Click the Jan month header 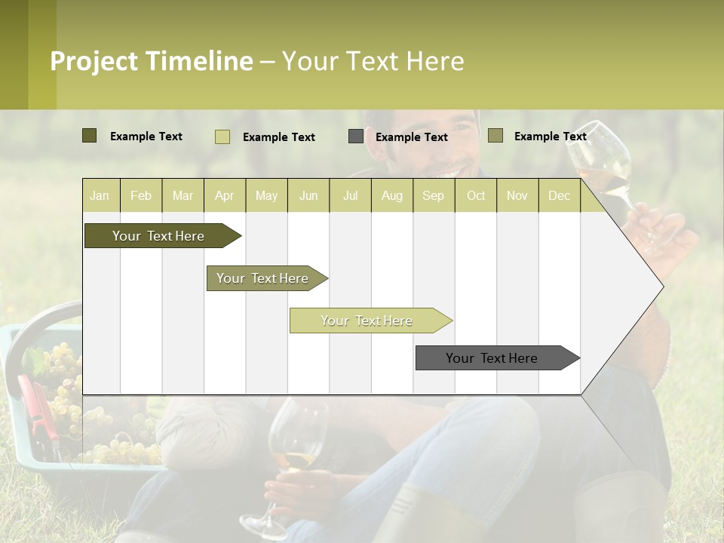point(100,195)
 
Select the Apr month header point(224,195)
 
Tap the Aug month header point(391,195)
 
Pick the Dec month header point(559,195)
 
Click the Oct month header point(475,195)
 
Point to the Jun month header point(308,195)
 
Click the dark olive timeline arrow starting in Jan point(158,236)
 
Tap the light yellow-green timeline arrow point(367,321)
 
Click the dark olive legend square point(89,136)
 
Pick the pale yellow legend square point(222,137)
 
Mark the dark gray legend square point(355,137)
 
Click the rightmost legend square point(495,136)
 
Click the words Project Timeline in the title point(151,61)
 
